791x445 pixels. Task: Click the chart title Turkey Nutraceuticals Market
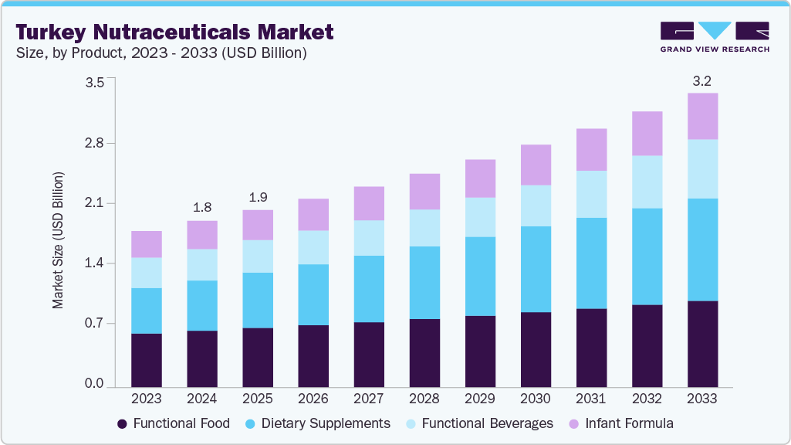[174, 32]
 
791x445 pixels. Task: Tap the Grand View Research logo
[715, 37]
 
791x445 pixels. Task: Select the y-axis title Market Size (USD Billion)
[59, 240]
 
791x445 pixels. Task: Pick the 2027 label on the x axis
[368, 399]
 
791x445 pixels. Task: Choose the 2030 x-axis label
[535, 399]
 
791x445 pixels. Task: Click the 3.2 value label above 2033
[702, 80]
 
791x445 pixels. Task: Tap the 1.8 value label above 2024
[202, 207]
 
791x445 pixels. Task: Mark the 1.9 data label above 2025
[258, 196]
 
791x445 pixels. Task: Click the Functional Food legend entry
[174, 423]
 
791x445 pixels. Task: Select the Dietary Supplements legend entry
[317, 423]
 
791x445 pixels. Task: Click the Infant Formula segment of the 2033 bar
[702, 116]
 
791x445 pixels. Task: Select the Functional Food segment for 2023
[147, 360]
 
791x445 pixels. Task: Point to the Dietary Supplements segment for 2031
[591, 263]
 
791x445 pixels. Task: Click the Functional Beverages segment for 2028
[424, 228]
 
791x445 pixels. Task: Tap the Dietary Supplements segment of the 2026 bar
[313, 294]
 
